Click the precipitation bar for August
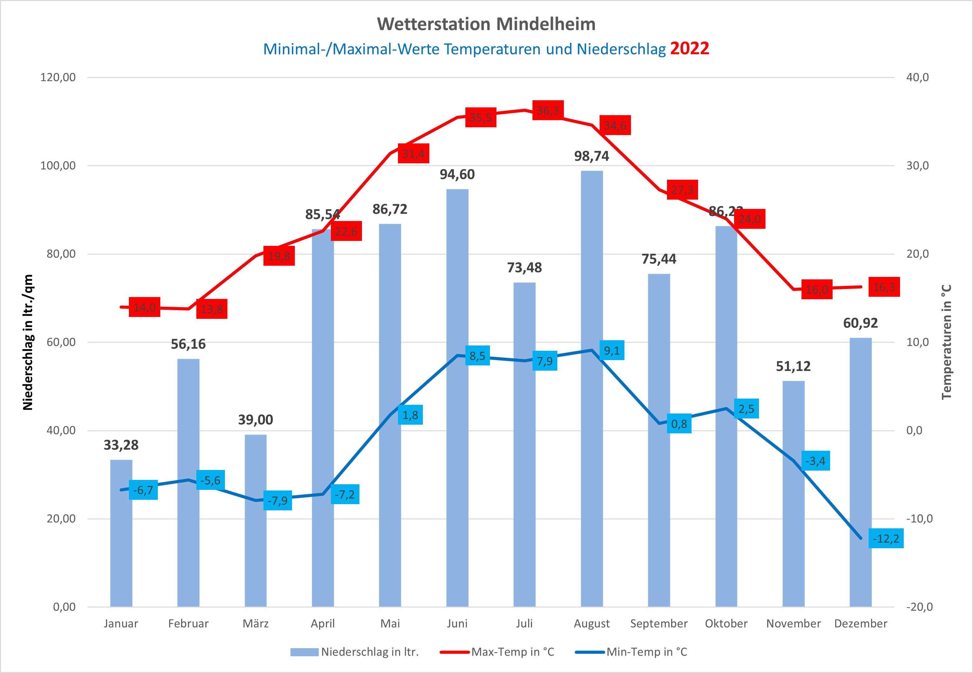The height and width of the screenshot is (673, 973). pyautogui.click(x=592, y=388)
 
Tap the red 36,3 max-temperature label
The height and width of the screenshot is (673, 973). pyautogui.click(x=548, y=111)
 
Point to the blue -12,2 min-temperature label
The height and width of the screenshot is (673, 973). pyautogui.click(x=886, y=539)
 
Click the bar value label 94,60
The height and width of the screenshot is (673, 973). pyautogui.click(x=457, y=174)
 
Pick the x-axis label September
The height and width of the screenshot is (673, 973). pyautogui.click(x=659, y=624)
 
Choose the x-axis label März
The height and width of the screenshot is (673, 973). pyautogui.click(x=255, y=624)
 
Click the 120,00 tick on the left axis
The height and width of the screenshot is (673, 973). pyautogui.click(x=58, y=77)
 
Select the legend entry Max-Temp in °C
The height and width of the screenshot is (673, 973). pyautogui.click(x=512, y=652)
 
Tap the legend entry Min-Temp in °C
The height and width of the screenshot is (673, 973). pyautogui.click(x=646, y=652)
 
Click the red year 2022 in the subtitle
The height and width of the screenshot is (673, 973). pyautogui.click(x=689, y=48)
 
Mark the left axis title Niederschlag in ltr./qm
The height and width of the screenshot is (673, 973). pyautogui.click(x=28, y=342)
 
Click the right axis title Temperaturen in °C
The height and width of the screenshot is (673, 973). pyautogui.click(x=946, y=342)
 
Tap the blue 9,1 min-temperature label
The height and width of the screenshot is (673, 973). pyautogui.click(x=611, y=350)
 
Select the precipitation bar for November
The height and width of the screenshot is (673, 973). pyautogui.click(x=793, y=493)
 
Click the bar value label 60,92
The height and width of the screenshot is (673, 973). pyautogui.click(x=860, y=323)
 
